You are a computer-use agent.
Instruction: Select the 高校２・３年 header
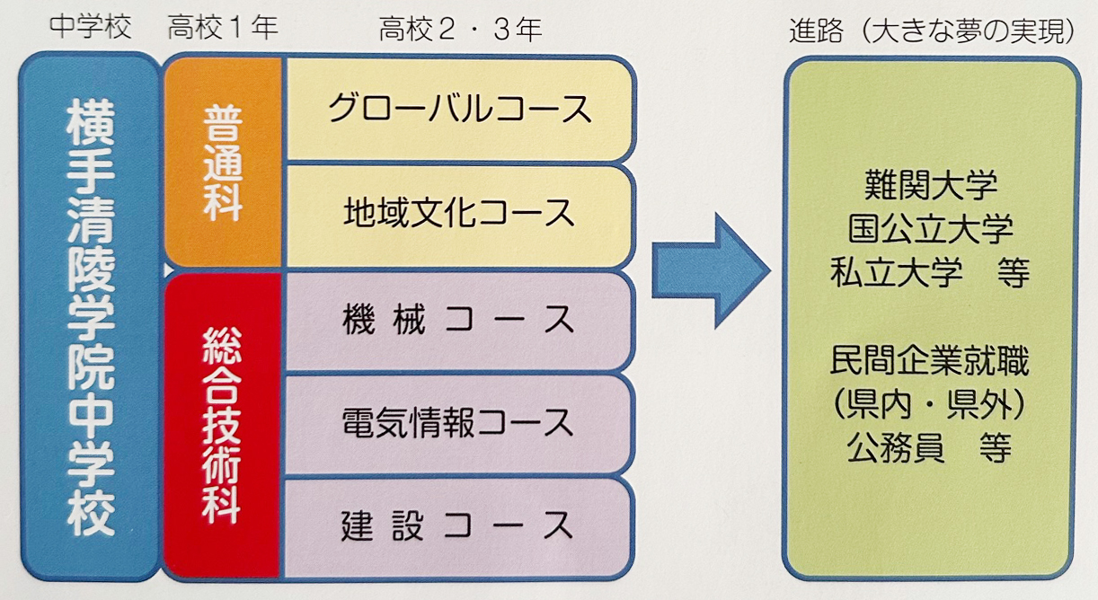coord(460,29)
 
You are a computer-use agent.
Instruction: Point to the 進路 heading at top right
coord(816,31)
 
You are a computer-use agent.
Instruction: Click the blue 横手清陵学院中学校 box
coord(90,316)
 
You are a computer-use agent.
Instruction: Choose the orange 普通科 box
coord(224,163)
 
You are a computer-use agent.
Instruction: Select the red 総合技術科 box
coord(223,425)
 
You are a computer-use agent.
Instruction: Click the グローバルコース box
coord(459,110)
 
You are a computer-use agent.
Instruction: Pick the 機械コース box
coord(458,321)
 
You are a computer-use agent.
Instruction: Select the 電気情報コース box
coord(458,425)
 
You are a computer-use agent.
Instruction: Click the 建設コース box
coord(458,527)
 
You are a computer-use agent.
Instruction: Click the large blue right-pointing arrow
coord(711,270)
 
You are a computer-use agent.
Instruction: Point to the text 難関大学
coord(931,185)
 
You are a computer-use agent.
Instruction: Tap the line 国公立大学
coord(931,228)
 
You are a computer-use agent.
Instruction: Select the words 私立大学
coord(897,272)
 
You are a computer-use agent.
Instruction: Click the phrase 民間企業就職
coord(929,361)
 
